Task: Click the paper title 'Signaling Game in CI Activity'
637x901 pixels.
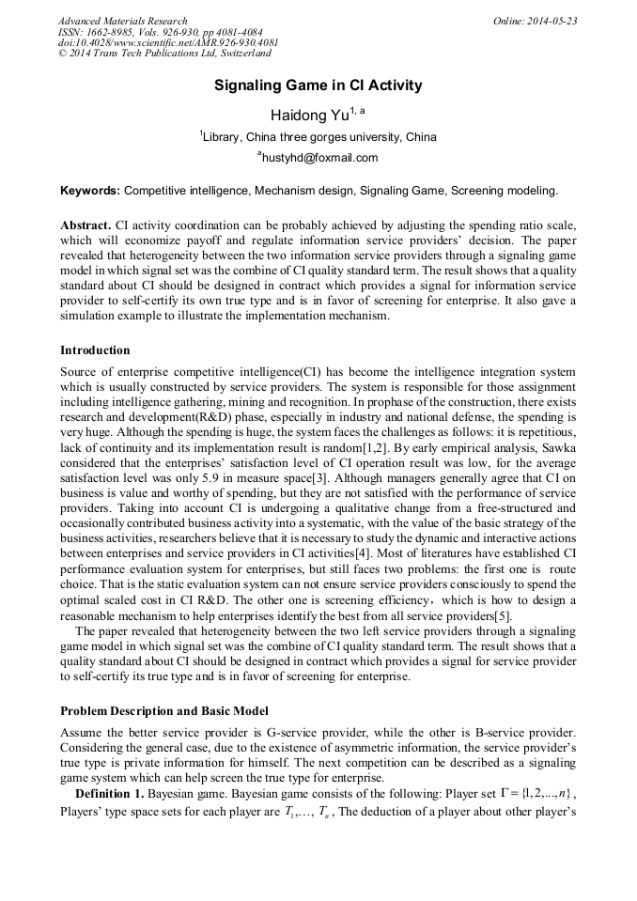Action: [318, 85]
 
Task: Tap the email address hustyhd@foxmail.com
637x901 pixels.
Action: [318, 158]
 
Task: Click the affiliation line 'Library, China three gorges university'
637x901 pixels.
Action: [318, 137]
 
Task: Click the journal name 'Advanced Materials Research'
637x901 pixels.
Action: [123, 21]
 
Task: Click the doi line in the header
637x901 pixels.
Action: [168, 43]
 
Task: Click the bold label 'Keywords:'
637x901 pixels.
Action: [89, 191]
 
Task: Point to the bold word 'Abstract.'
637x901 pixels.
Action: [85, 226]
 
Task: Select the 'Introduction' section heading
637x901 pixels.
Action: [95, 350]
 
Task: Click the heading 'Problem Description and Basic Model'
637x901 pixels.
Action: [164, 710]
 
